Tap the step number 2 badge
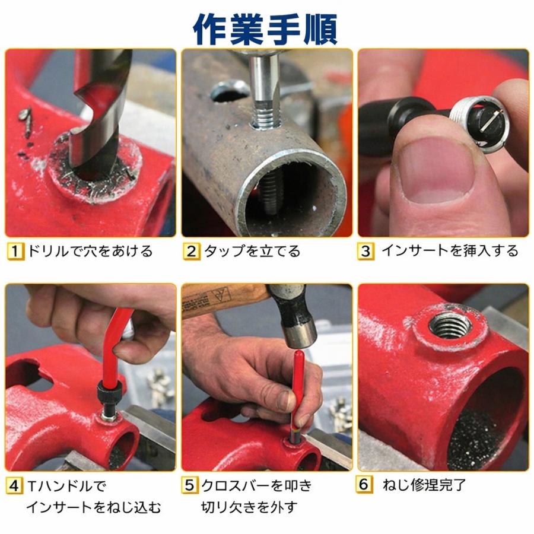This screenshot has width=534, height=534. [x=191, y=251]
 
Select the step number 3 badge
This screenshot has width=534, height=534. [x=365, y=251]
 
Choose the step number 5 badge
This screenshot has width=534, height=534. [x=190, y=487]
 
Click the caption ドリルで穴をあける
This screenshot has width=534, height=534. [x=90, y=251]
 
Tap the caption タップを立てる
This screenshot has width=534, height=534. [x=252, y=251]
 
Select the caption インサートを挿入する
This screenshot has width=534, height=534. [x=449, y=251]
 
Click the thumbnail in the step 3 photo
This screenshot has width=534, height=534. [x=436, y=172]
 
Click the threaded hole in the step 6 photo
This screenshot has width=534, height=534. [x=449, y=325]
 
